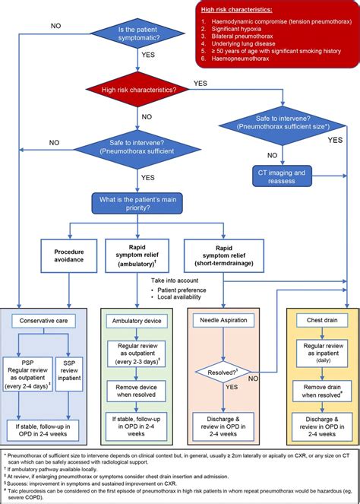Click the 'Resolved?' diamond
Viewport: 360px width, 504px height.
point(223,372)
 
